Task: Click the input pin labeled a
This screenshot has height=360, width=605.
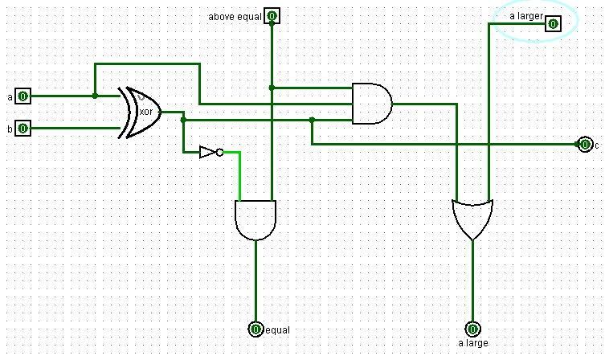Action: pyautogui.click(x=22, y=96)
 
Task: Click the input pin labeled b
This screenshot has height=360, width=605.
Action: pyautogui.click(x=22, y=128)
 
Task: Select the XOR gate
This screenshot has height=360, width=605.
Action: pyautogui.click(x=141, y=112)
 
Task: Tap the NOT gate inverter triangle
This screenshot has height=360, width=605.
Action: pyautogui.click(x=207, y=152)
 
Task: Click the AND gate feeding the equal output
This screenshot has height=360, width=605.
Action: pyautogui.click(x=255, y=219)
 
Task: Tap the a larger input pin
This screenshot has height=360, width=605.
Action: pyautogui.click(x=552, y=23)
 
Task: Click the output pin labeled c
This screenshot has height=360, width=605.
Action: pyautogui.click(x=584, y=145)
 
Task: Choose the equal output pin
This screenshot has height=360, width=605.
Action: pyautogui.click(x=255, y=329)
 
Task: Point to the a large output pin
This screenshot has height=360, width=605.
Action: pyautogui.click(x=472, y=329)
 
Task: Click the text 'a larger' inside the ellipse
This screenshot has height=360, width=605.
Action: pyautogui.click(x=527, y=15)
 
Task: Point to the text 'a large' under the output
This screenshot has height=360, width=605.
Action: pyautogui.click(x=473, y=343)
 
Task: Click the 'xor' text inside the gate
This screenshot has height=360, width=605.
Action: pyautogui.click(x=147, y=112)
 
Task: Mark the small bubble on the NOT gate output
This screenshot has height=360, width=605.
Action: pyautogui.click(x=220, y=152)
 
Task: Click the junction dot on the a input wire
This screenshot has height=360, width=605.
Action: pyautogui.click(x=95, y=96)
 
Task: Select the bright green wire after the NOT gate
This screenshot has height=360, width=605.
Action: pyautogui.click(x=239, y=173)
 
